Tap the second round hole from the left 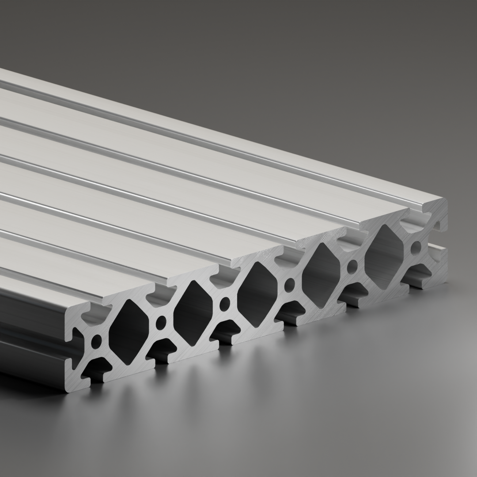point(161,322)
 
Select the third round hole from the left point(225,304)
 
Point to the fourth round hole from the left point(290,284)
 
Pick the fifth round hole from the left point(353,266)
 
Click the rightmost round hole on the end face point(416,248)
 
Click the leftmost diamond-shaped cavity point(129,332)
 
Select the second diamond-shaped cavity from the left point(193,313)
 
